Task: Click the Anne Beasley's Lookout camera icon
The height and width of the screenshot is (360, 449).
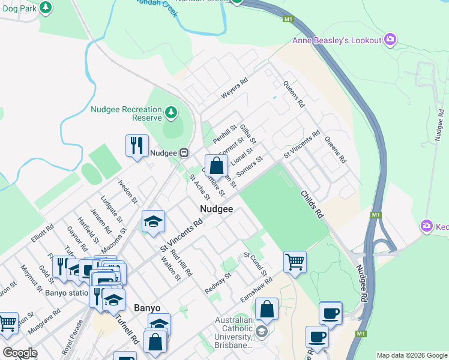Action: click(x=391, y=40)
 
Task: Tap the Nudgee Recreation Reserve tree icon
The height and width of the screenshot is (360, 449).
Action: click(x=171, y=112)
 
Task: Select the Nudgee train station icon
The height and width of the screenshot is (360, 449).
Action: click(x=184, y=152)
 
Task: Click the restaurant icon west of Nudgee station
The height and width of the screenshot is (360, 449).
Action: click(x=136, y=145)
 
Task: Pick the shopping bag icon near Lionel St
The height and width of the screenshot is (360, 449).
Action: click(x=216, y=165)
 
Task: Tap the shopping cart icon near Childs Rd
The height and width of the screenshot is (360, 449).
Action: click(x=295, y=261)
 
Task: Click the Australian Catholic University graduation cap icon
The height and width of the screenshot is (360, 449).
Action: click(x=261, y=332)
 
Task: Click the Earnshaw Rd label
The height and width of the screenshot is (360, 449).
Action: click(x=256, y=289)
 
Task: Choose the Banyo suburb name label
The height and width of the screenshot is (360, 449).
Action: click(x=146, y=308)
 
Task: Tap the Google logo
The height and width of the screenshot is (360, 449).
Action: click(x=20, y=353)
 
